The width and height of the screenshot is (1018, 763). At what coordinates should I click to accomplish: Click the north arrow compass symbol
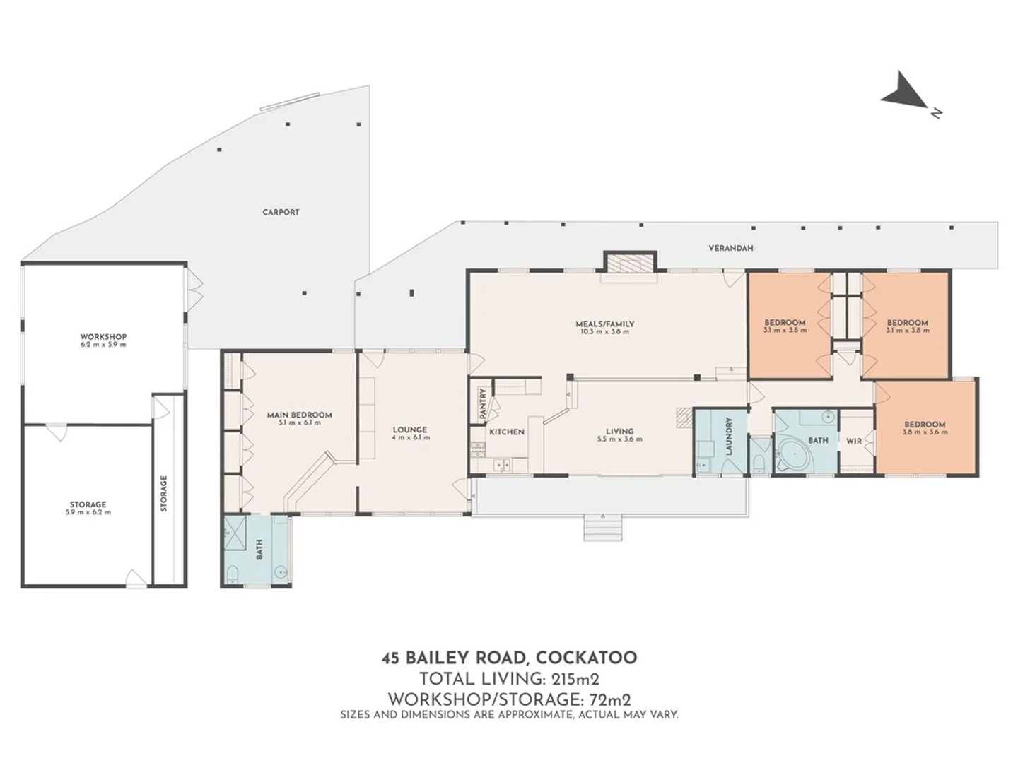coord(906,92)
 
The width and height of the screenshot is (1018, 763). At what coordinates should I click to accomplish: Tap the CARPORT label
coord(281,212)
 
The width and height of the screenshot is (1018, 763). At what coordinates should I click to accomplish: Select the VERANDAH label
coord(730,249)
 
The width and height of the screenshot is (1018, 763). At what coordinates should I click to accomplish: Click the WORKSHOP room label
coord(103,337)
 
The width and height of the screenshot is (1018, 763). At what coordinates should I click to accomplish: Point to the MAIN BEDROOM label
coord(299,415)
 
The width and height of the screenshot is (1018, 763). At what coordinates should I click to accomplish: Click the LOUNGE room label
coord(410,430)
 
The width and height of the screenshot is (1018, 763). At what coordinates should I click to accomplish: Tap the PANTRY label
coord(482,404)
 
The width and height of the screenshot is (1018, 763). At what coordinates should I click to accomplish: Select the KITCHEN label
coord(507,432)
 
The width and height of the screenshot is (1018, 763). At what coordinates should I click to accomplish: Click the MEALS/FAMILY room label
coord(604,324)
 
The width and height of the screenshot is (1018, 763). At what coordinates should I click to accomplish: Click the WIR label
coord(854,441)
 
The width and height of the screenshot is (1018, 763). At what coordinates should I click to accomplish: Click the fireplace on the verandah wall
coord(630,264)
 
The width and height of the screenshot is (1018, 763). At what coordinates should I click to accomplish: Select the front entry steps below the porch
coord(603,527)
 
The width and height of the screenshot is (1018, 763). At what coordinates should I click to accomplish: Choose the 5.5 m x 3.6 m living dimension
coord(619,439)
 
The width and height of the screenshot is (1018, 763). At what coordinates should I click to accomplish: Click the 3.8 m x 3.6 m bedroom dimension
coord(925,432)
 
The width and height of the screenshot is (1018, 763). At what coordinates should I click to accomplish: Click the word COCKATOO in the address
coord(586,658)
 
